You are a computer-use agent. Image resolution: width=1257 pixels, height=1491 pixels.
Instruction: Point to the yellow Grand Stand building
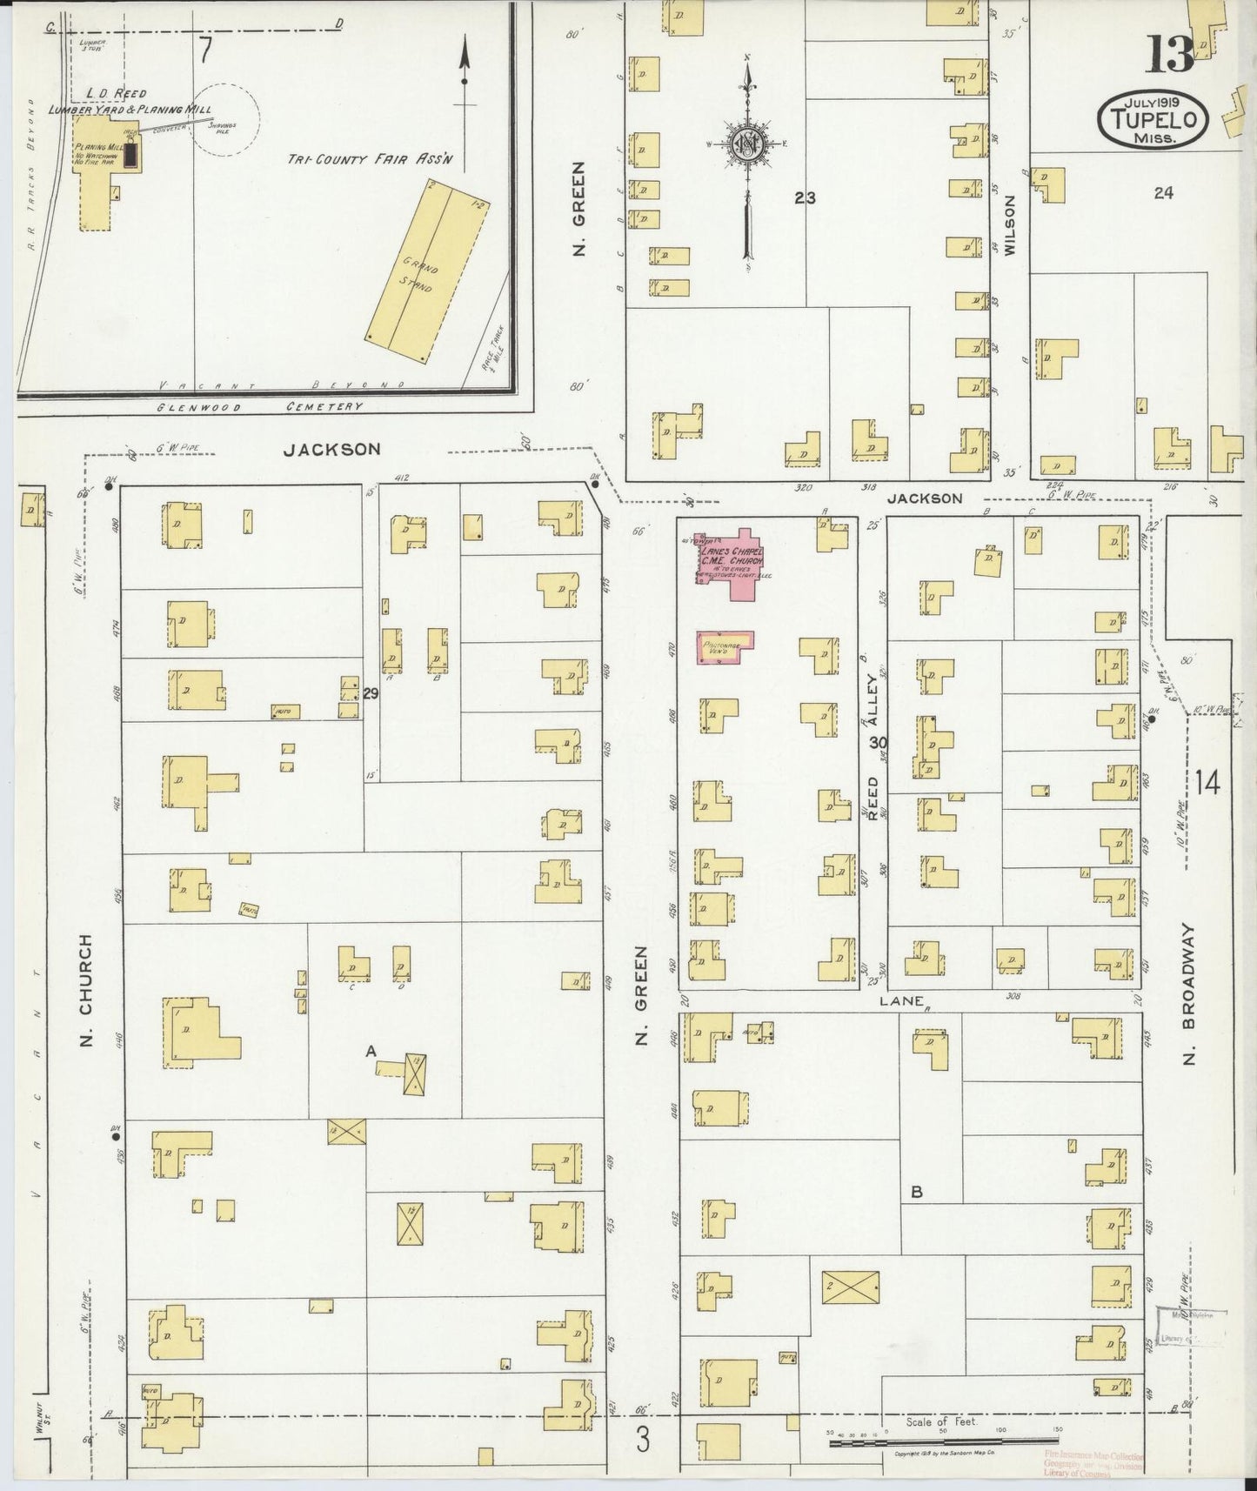426,272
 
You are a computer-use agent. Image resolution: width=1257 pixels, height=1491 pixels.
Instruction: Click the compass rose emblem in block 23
747,144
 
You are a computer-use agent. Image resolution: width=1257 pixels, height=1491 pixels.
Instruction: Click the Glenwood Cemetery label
261,407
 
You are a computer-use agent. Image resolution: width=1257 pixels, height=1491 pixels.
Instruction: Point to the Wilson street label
1010,224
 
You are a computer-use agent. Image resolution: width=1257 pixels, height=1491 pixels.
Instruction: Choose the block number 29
371,693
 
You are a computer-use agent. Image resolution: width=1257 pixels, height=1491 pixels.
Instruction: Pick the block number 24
1163,193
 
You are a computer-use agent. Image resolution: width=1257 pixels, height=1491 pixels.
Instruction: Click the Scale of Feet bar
944,1443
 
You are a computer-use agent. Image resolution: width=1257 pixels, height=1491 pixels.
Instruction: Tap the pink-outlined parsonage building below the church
725,647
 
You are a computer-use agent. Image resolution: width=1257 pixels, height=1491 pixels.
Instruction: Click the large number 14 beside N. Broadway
1207,782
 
